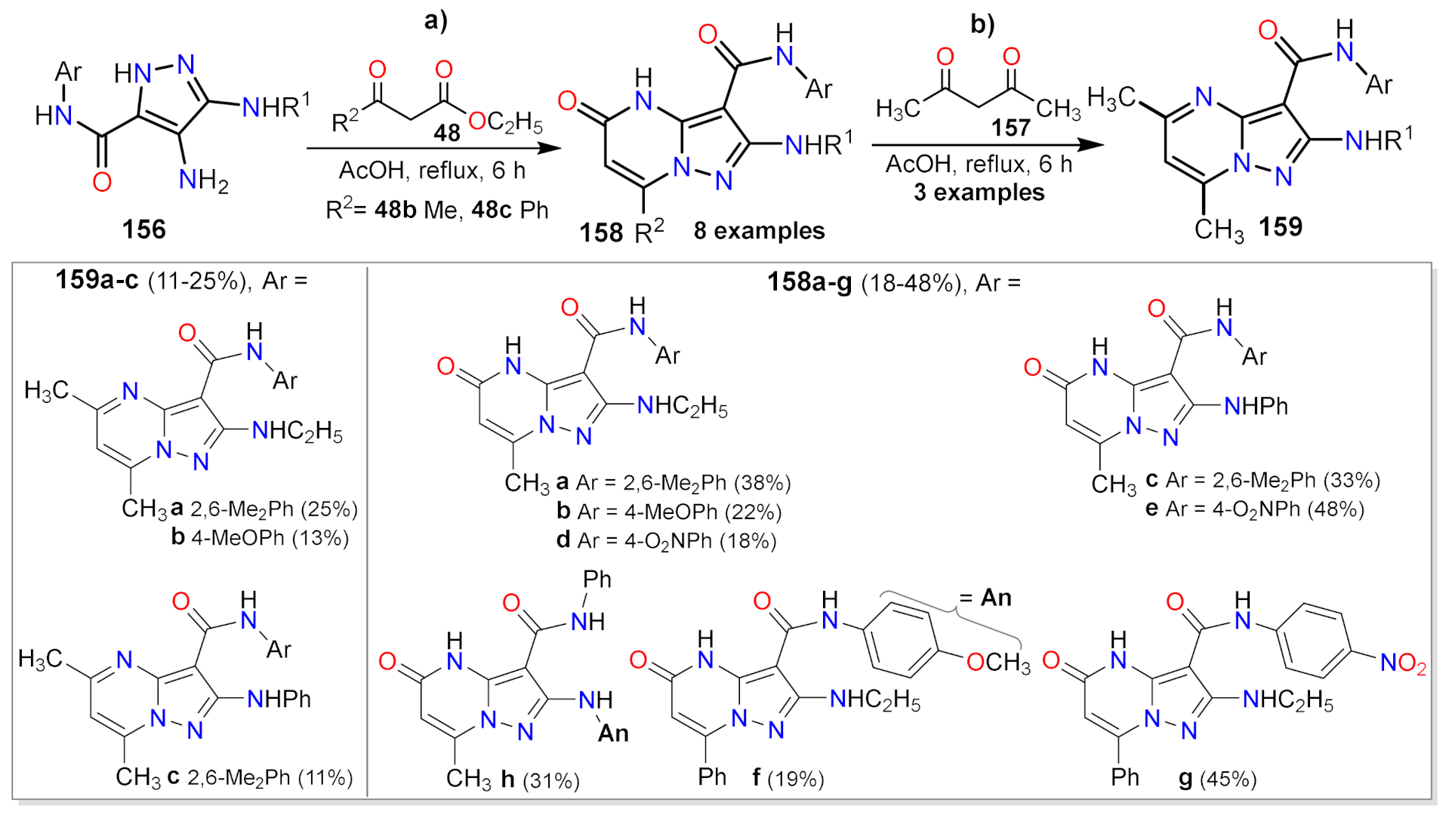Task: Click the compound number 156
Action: [x=143, y=229]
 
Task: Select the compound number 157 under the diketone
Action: [x=1011, y=127]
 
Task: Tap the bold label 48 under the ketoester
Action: [x=447, y=134]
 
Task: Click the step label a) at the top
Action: [x=436, y=20]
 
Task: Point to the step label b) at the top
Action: [x=982, y=24]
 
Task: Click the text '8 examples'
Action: [x=759, y=231]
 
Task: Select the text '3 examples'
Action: [x=979, y=192]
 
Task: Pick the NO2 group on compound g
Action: [x=1403, y=663]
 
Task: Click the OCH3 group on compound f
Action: [x=997, y=663]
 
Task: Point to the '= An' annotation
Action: [x=985, y=598]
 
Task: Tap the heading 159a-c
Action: [x=97, y=281]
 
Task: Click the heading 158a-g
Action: [x=809, y=283]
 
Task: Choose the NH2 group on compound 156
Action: [x=203, y=180]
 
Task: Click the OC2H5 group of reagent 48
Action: [x=505, y=122]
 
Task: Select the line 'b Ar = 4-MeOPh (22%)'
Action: [x=669, y=512]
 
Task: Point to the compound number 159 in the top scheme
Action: [x=1281, y=226]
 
